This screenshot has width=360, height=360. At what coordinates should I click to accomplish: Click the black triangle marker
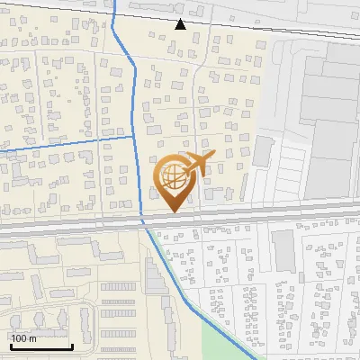point(180,24)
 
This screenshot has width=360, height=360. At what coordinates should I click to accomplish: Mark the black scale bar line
point(40,346)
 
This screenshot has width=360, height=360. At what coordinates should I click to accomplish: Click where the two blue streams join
point(134,138)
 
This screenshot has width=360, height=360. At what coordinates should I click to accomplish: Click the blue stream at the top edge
point(116,4)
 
